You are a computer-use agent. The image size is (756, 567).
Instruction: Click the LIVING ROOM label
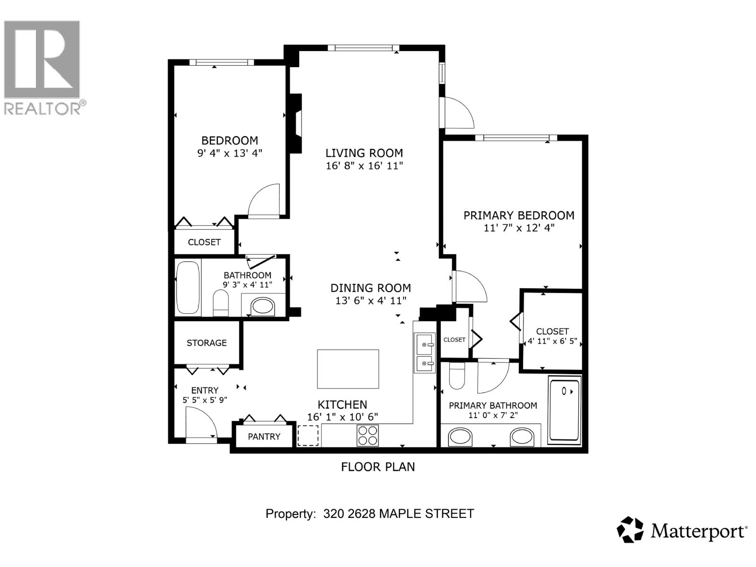(364, 153)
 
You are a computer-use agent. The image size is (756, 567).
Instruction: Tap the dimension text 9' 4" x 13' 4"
(229, 153)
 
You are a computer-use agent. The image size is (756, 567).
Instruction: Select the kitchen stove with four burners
(368, 435)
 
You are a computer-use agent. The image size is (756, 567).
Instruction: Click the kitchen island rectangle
(348, 369)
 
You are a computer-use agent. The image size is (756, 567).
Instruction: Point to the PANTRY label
(264, 437)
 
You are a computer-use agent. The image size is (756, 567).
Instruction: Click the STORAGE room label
(206, 343)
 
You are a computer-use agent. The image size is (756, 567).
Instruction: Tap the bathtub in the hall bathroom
(188, 287)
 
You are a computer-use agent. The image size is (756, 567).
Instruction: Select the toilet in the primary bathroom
(457, 376)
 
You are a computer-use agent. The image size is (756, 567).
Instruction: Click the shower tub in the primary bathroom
(564, 409)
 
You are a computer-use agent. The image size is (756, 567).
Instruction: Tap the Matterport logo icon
(630, 530)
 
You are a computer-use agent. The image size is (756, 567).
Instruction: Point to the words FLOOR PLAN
(378, 467)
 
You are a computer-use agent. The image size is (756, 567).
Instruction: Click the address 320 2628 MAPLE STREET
(398, 514)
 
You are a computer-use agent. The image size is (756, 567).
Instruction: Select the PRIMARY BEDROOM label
(518, 215)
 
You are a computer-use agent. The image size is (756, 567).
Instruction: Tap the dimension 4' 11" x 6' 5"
(552, 341)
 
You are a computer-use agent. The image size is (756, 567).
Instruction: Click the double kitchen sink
(424, 352)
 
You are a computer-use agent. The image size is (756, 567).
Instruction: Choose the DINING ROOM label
(370, 288)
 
